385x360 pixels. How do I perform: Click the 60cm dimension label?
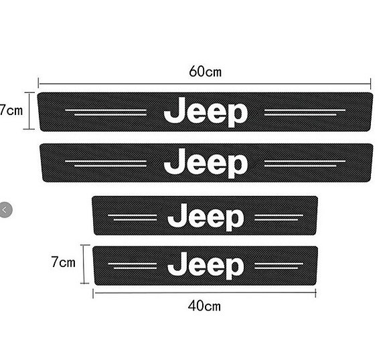tap(206, 72)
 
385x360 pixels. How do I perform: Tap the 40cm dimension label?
tap(204, 306)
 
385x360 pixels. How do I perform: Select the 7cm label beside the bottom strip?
tap(63, 262)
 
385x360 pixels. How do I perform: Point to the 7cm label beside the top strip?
tap(11, 110)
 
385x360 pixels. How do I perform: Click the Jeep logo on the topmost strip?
tap(206, 112)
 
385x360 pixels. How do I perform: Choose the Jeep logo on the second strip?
tap(206, 163)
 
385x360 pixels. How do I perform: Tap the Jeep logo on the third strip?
tap(206, 217)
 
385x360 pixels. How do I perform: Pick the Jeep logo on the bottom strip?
tap(206, 266)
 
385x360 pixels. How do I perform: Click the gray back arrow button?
tap(5, 210)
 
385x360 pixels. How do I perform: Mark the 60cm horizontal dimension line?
tap(204, 84)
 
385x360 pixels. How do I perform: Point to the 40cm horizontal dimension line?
tap(204, 293)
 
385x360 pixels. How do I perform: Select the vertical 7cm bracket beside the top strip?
tap(29, 110)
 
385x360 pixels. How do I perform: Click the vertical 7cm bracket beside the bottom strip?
tap(84, 264)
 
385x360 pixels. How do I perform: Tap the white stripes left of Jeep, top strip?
tap(106, 112)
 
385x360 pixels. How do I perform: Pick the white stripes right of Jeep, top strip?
tap(305, 112)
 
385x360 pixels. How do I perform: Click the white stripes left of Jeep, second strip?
tap(106, 163)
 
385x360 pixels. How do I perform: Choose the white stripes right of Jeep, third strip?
tap(279, 217)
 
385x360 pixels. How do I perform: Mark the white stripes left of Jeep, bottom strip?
tap(133, 266)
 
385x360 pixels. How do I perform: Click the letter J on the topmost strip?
tap(174, 110)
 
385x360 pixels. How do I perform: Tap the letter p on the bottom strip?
tap(235, 269)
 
